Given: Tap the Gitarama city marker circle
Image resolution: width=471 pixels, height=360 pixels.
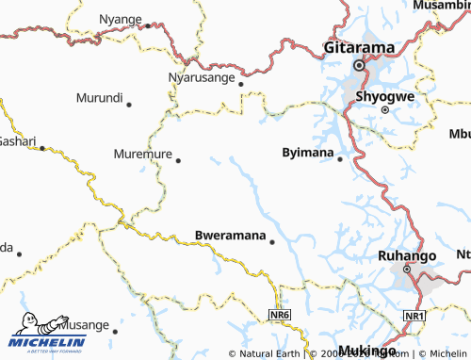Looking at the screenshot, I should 358,66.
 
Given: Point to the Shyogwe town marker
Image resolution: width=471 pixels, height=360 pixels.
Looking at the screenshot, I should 385,110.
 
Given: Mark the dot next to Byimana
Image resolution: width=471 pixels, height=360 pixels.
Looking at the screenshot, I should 341,158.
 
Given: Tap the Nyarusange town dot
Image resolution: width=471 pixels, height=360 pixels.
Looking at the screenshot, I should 240,84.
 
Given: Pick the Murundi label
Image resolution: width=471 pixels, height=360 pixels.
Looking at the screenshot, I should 99,97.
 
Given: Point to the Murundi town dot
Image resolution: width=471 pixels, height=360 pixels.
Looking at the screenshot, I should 128,105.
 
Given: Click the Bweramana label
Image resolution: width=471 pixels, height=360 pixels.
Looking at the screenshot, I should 229,234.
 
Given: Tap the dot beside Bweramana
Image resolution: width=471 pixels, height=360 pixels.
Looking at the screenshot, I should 272,241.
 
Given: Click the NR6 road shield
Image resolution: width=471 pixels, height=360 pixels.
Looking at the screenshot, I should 278,314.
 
